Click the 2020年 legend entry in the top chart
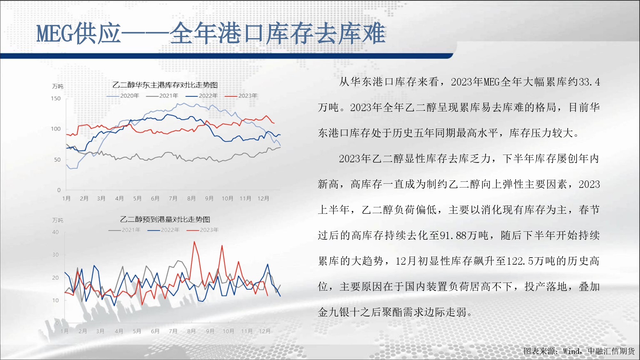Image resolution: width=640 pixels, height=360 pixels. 123,96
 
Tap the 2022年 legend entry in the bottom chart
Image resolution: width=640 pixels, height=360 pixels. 164,230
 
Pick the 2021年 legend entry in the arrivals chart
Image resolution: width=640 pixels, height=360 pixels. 124,230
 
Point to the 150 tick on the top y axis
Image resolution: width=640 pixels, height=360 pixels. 56,99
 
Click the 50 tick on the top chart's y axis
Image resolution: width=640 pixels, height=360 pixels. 57,160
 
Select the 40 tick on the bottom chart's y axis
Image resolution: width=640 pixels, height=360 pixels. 55,232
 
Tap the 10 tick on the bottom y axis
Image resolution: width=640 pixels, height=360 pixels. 55,300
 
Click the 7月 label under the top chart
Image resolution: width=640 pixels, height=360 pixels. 173,198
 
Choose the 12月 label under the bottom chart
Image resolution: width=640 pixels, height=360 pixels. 265,331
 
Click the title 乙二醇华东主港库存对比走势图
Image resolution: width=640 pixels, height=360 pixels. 165,85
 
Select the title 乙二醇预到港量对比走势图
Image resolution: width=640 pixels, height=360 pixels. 165,219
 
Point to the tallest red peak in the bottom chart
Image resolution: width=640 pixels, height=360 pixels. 194,242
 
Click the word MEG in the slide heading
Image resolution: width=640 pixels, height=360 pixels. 55,33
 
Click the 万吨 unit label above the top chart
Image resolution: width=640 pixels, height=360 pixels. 58,86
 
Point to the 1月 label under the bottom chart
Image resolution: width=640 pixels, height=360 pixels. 65,331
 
